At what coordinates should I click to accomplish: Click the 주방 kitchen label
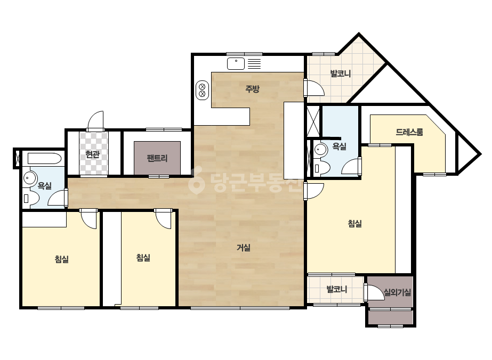(252, 89)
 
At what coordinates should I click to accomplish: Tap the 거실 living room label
(244, 248)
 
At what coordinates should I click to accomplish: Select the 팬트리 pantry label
(157, 158)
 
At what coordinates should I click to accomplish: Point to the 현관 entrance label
(93, 154)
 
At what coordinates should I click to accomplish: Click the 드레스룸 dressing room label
(409, 132)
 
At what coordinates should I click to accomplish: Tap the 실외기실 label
(398, 292)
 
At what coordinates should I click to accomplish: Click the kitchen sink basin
(236, 64)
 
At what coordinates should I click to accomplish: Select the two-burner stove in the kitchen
(203, 89)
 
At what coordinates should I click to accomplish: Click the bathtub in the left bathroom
(44, 158)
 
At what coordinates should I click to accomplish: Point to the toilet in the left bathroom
(31, 198)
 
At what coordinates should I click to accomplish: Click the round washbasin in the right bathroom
(320, 149)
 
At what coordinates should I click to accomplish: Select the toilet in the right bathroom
(321, 168)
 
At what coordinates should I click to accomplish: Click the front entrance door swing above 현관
(96, 121)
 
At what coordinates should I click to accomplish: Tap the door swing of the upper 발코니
(314, 88)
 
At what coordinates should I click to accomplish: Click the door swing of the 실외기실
(375, 292)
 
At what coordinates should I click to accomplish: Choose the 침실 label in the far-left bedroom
(61, 259)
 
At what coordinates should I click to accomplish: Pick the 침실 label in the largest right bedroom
(355, 224)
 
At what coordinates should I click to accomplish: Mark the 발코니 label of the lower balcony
(337, 290)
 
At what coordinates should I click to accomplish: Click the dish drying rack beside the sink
(254, 64)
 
